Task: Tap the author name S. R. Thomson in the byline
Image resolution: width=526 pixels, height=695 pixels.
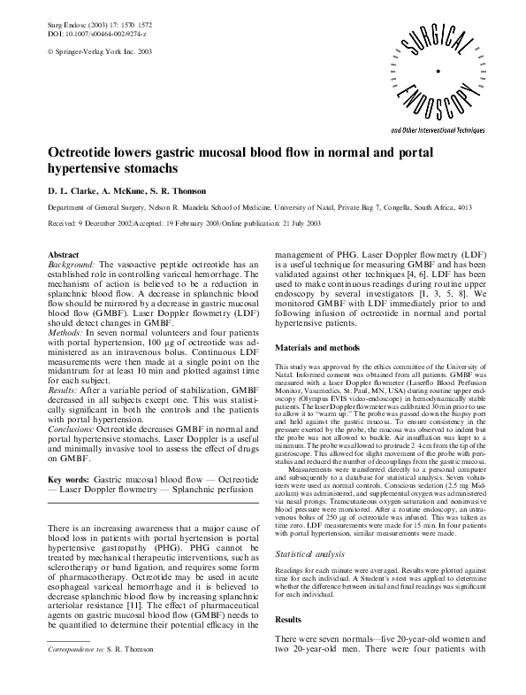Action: (181, 191)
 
